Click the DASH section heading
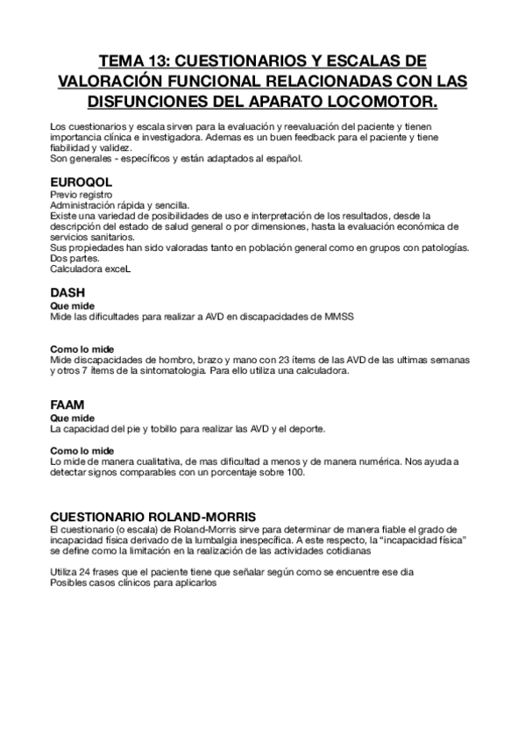(x=67, y=294)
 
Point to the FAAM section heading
(x=67, y=405)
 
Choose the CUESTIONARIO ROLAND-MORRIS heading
(x=153, y=517)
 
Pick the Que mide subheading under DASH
(x=69, y=305)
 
